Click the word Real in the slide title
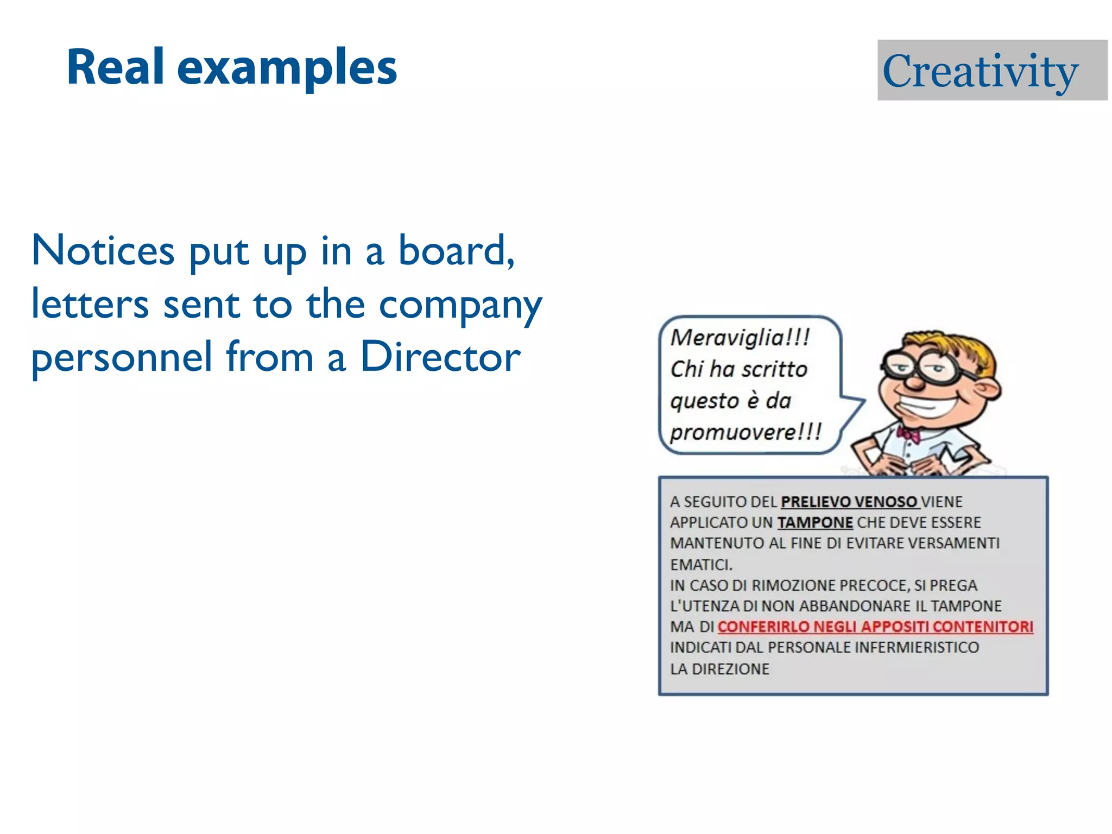pos(115,67)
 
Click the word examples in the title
pos(287,69)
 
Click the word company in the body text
pos(460,306)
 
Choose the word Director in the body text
pos(440,357)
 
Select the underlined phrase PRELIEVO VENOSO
pos(849,502)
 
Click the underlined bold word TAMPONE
pos(815,522)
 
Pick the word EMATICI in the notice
pos(701,565)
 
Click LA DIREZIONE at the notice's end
pos(719,669)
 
